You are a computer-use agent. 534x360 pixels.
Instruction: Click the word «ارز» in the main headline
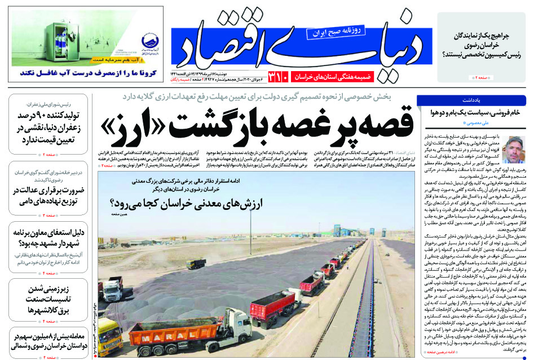(128, 128)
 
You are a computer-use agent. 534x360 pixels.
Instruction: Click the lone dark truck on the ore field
(196, 264)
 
